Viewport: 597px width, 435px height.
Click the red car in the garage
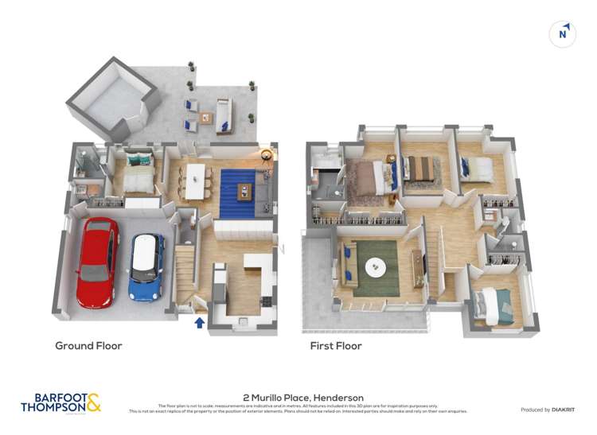(x=97, y=262)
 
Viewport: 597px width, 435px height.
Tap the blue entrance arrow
(x=199, y=322)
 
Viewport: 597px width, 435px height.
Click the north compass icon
(x=563, y=33)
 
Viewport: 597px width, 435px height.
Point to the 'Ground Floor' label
(x=88, y=346)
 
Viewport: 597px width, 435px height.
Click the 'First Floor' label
(x=336, y=346)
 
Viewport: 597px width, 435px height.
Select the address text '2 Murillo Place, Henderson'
(x=302, y=398)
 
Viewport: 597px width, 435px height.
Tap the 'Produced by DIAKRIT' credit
(x=548, y=410)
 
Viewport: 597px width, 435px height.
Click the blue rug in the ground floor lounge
(x=238, y=193)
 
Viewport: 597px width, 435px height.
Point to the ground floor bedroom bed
(x=139, y=172)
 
